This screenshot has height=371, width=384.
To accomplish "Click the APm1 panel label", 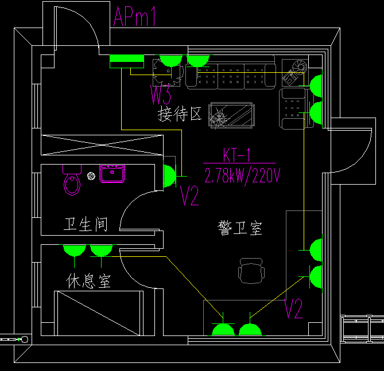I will (x=135, y=17).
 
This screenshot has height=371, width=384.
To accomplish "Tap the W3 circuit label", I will (x=161, y=92).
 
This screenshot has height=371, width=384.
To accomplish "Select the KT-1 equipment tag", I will (x=236, y=155).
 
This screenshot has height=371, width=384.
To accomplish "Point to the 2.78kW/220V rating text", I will (x=242, y=176).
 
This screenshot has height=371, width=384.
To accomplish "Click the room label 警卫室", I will (x=239, y=228).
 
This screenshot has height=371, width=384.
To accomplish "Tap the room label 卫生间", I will (x=86, y=224).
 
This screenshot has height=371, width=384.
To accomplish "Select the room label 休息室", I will (x=88, y=281).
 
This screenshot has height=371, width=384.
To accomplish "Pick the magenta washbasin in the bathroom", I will (x=113, y=173).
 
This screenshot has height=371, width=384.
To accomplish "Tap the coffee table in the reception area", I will (x=232, y=114).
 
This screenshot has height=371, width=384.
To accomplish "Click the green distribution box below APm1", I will (x=126, y=61).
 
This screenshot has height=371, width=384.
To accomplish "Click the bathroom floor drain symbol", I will (x=91, y=175).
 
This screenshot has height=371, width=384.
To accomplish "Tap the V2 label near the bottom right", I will (x=293, y=310).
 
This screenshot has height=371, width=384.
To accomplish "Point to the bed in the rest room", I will (x=98, y=313).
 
